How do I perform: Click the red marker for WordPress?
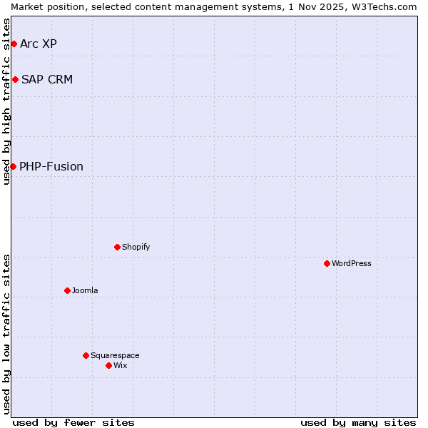(327, 263)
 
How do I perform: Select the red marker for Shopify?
(117, 247)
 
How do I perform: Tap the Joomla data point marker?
(67, 290)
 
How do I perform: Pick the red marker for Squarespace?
(86, 355)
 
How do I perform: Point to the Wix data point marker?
(108, 365)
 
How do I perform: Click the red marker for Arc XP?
(14, 44)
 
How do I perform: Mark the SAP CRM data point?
(15, 79)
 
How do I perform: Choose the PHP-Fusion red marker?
(13, 166)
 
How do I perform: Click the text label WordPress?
(352, 263)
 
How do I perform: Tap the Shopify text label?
(136, 247)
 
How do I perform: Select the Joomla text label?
(85, 290)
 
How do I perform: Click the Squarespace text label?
(115, 355)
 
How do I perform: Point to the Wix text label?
(121, 365)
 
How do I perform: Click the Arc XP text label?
(39, 44)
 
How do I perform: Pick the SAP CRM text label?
(47, 79)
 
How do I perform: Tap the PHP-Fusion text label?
(51, 166)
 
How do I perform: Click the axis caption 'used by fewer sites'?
(73, 422)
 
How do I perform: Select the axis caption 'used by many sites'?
(358, 422)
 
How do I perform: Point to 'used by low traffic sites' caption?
(6, 334)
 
